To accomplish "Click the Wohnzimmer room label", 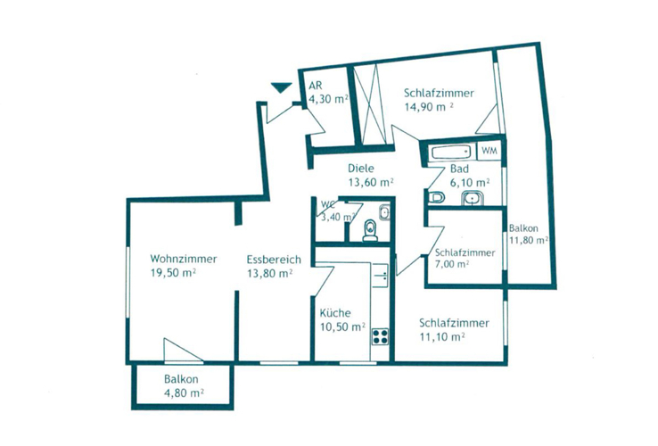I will pos(184,260).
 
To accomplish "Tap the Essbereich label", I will pos(273,260).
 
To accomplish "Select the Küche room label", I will pos(335,314).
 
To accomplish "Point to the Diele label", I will pos(360,169).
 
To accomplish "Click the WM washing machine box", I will pos(489,151).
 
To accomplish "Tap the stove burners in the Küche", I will pos(381,336).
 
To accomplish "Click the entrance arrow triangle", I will pos(281,87).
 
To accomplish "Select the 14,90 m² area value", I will pos(429,105).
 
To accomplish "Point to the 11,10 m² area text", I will pos(441,336).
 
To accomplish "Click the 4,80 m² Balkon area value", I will pos(184,392).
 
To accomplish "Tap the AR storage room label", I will pos(315,87).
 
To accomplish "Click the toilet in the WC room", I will pos(370,231).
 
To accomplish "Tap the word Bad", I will pos(459,169).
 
